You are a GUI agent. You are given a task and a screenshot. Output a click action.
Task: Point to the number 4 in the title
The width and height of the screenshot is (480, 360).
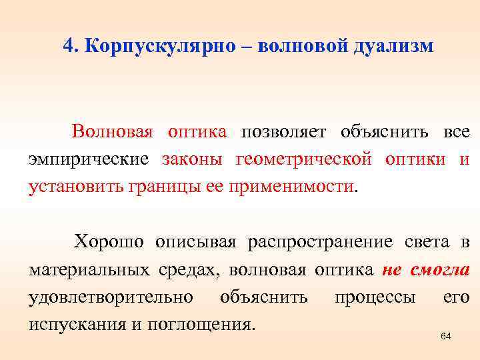click(x=67, y=46)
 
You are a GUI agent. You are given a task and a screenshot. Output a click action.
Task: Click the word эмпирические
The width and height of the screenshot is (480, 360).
click(x=88, y=159)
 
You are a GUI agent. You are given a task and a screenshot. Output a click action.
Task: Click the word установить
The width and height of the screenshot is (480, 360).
click(x=77, y=187)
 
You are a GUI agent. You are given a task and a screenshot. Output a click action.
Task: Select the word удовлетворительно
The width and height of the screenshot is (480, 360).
click(x=111, y=297)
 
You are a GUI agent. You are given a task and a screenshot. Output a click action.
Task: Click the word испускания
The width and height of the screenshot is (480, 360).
click(x=75, y=325)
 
